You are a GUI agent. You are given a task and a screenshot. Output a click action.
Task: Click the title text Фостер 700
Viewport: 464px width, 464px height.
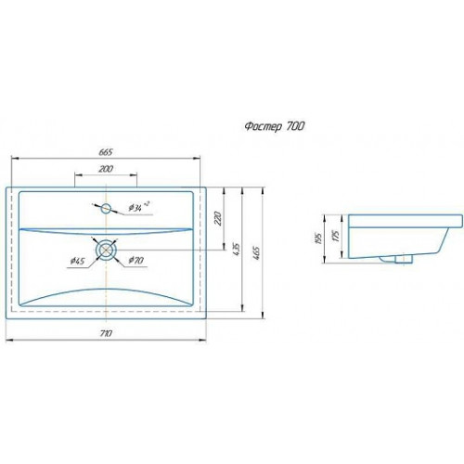(x=275, y=126)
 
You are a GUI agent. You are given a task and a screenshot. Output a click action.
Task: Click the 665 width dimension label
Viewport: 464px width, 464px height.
(x=106, y=152)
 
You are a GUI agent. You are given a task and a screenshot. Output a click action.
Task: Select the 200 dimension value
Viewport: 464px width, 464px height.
(x=106, y=169)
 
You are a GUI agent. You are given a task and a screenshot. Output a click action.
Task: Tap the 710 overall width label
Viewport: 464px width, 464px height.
(x=106, y=333)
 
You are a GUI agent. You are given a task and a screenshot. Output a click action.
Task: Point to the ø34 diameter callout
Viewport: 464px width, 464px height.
(x=138, y=207)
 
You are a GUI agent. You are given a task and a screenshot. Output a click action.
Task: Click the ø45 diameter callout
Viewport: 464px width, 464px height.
(x=77, y=261)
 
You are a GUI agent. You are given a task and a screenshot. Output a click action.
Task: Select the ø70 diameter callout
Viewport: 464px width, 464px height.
(x=135, y=261)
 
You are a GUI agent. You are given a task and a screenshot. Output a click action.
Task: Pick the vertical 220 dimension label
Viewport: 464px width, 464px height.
(x=218, y=218)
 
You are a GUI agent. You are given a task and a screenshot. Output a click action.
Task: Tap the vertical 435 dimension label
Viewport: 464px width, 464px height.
(x=237, y=250)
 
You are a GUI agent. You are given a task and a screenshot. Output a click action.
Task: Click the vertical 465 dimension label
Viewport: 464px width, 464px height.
(x=256, y=252)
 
